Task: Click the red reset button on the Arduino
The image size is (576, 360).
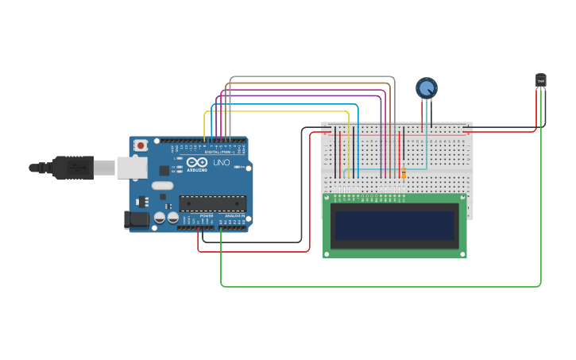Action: (141, 145)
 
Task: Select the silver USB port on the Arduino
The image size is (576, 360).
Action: (131, 168)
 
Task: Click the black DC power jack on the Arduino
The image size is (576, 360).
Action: (136, 219)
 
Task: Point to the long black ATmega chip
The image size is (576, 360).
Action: (212, 203)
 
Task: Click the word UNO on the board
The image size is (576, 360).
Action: (222, 163)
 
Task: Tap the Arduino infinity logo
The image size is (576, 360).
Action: (197, 162)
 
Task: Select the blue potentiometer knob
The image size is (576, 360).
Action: (427, 88)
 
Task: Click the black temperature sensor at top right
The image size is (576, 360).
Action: (540, 79)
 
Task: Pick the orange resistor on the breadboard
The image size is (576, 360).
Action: (404, 173)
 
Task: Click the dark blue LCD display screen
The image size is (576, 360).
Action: (395, 226)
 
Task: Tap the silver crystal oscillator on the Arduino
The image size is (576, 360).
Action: (180, 186)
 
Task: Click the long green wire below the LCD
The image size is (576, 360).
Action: (381, 286)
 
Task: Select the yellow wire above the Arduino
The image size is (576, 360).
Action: (278, 111)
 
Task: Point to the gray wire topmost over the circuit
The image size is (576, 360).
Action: (310, 77)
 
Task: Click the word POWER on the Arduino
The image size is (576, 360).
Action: (207, 215)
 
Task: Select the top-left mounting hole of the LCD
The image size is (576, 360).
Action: (327, 199)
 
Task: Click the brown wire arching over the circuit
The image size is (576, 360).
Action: (310, 83)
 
